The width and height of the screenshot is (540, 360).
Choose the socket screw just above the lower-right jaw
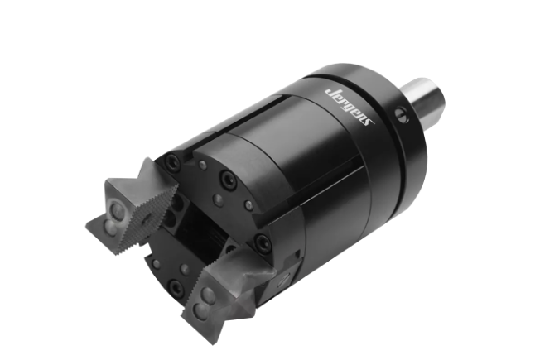click(262, 241)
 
